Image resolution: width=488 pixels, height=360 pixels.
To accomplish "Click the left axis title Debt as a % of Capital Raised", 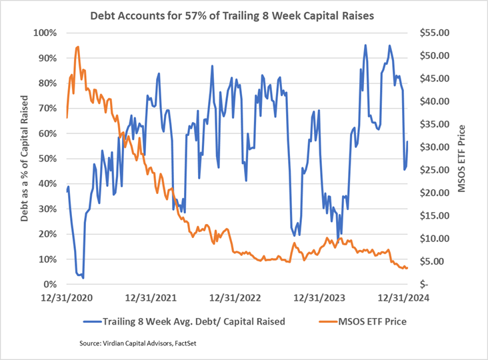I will (x=25, y=159).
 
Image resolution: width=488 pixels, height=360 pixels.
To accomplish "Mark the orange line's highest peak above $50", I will (x=78, y=47).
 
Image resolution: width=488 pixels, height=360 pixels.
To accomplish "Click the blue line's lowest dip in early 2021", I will (x=82, y=278).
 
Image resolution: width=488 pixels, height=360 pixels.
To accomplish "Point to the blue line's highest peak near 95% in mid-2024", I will (x=365, y=45).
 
